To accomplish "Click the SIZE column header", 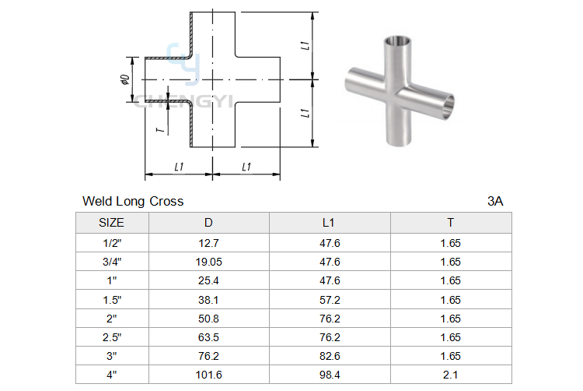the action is pyautogui.click(x=111, y=223).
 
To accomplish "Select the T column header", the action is pyautogui.click(x=450, y=223).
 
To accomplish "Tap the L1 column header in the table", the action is pyautogui.click(x=328, y=223).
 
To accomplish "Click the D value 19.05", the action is pyautogui.click(x=208, y=262).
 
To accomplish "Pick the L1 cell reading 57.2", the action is pyautogui.click(x=330, y=300).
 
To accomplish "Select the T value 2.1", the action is pyautogui.click(x=450, y=375).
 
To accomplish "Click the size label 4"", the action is pyautogui.click(x=111, y=375).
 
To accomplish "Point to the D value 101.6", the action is pyautogui.click(x=208, y=375).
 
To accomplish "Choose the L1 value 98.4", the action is pyautogui.click(x=330, y=375).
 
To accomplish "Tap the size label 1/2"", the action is pyautogui.click(x=112, y=243).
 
